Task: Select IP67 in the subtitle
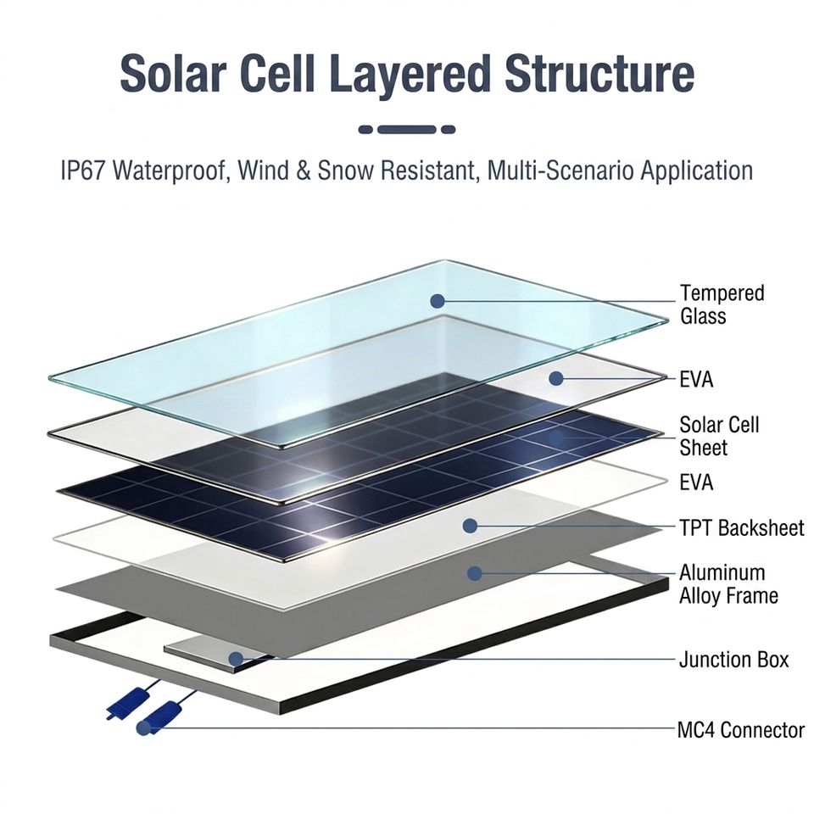point(83,170)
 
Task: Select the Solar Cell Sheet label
point(720,436)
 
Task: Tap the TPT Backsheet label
point(741,528)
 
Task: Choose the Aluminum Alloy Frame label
point(728,584)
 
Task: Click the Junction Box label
point(733,660)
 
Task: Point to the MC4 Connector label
point(740,729)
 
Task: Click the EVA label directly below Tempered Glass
point(696,380)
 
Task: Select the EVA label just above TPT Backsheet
point(696,482)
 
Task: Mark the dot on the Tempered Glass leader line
point(438,301)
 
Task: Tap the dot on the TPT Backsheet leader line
point(469,527)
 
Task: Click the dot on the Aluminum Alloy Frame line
point(474,574)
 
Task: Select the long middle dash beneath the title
point(406,130)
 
